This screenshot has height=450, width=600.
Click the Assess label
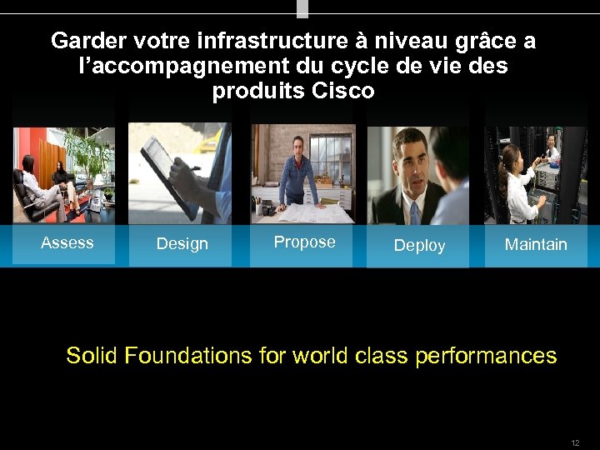67,243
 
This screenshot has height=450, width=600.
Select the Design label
182,244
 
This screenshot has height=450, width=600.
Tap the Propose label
304,242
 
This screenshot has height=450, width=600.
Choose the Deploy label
419,246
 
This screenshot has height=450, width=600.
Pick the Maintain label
536,245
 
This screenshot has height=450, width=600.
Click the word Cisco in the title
342,92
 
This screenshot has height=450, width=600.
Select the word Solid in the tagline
92,356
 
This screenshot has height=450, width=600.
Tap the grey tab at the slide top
302,8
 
